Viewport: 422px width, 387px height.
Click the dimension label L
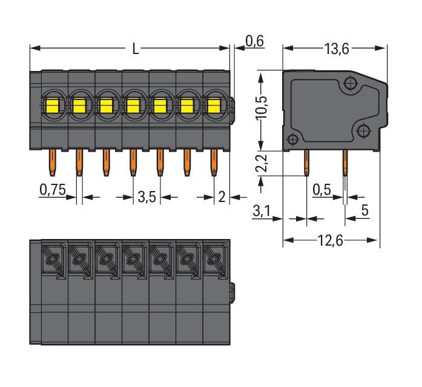(x=135, y=49)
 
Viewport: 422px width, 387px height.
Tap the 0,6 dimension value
(x=254, y=41)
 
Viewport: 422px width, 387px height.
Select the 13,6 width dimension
(x=337, y=49)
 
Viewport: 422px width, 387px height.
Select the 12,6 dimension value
(x=332, y=241)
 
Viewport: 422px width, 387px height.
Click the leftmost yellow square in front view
(x=51, y=107)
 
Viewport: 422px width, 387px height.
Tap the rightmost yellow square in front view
(x=213, y=107)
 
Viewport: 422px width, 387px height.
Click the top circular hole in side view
(x=351, y=83)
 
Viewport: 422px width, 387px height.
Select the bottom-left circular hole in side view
(x=292, y=140)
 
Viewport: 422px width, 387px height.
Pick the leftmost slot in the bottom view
(x=51, y=261)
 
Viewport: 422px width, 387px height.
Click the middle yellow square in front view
(x=133, y=107)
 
